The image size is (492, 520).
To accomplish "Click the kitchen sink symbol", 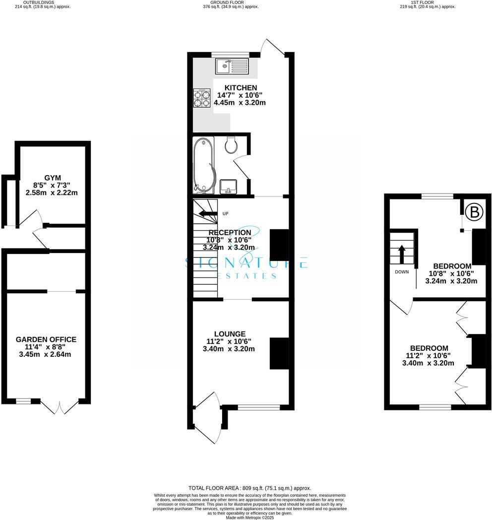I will pyautogui.click(x=232, y=65).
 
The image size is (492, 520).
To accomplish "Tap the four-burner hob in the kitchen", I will pyautogui.click(x=202, y=98).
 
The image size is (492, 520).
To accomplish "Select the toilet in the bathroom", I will pyautogui.click(x=231, y=145).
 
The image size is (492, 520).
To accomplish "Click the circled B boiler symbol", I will pyautogui.click(x=474, y=213).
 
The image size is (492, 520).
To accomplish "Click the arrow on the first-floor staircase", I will pyautogui.click(x=402, y=253).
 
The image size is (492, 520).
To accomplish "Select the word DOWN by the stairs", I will pyautogui.click(x=402, y=272).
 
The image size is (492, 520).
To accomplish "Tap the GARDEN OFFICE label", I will pyautogui.click(x=46, y=339).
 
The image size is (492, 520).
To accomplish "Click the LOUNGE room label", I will pyautogui.click(x=230, y=334).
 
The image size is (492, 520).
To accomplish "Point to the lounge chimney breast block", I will pyautogui.click(x=279, y=353).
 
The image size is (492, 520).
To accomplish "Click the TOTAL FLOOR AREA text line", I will pyautogui.click(x=250, y=488).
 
